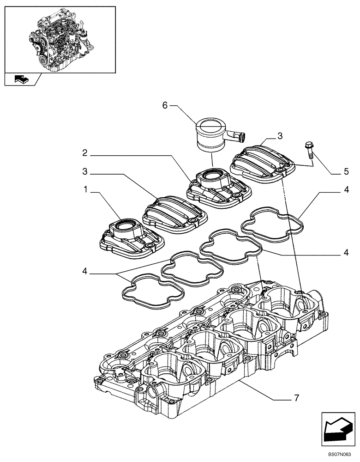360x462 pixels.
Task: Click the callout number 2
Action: pyautogui.click(x=86, y=152)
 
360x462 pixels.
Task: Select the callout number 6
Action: pyautogui.click(x=165, y=105)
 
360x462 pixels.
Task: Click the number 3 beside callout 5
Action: pyautogui.click(x=280, y=137)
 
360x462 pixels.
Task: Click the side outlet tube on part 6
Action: pyautogui.click(x=237, y=135)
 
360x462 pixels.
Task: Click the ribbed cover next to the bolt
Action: pyautogui.click(x=263, y=162)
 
